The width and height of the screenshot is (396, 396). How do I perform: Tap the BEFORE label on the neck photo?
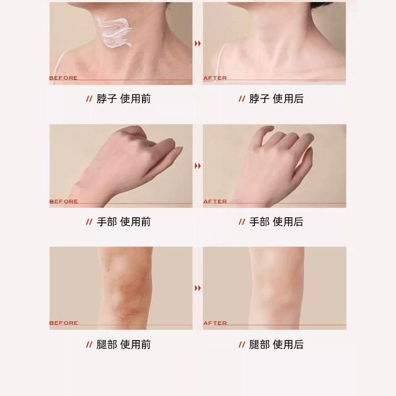(63, 78)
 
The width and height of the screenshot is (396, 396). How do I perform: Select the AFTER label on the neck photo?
(215, 78)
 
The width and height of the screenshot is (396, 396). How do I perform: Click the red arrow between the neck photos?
(198, 44)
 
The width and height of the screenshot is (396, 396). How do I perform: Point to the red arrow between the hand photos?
(198, 166)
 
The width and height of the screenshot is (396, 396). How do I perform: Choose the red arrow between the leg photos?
(198, 288)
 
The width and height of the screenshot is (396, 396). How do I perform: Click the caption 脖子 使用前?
(123, 99)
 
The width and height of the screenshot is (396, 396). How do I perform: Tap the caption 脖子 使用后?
(276, 99)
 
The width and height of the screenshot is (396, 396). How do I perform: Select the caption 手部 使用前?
(123, 222)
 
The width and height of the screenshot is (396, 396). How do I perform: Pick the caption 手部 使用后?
(276, 222)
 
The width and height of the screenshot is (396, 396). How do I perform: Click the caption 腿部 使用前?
(123, 345)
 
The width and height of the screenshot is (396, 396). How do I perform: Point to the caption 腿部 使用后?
(276, 345)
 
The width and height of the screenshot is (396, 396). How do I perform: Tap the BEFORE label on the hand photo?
(63, 201)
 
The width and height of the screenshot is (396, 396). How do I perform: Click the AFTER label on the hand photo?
(215, 201)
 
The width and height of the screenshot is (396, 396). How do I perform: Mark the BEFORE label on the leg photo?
(63, 323)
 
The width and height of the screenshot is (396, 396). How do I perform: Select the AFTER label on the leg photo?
(215, 323)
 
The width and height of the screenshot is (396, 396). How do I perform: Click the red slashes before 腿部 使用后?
(242, 345)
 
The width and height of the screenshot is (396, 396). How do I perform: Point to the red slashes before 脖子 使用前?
(89, 99)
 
